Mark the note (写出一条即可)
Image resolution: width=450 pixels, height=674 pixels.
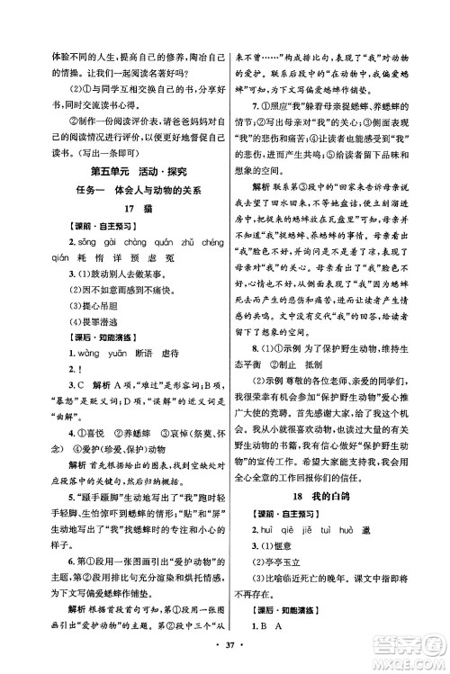(x=82, y=153)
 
